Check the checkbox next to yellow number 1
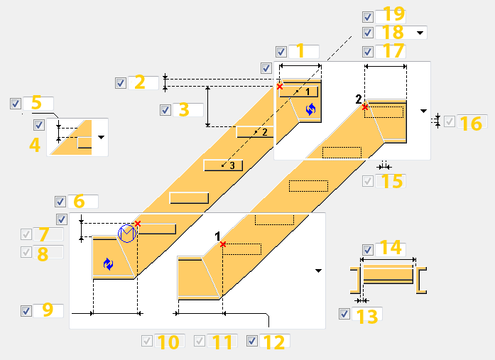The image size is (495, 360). [x=281, y=52]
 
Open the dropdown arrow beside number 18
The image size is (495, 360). [x=420, y=33]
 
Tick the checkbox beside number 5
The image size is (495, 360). [x=16, y=104]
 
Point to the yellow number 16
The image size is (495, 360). [x=470, y=123]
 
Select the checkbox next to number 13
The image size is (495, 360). [x=344, y=314]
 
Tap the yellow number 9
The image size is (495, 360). [x=47, y=310]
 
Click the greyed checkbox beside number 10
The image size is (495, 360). [x=147, y=341]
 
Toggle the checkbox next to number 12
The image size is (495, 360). [x=252, y=341]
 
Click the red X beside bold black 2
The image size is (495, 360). [x=364, y=107]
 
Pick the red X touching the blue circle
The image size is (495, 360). [x=137, y=224]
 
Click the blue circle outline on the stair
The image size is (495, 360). [x=126, y=233]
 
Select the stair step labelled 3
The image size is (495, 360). [x=223, y=165]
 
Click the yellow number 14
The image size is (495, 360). [x=391, y=249]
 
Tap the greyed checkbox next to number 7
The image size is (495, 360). [x=26, y=234]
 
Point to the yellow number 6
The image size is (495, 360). [x=79, y=202]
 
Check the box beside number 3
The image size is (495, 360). [x=165, y=110]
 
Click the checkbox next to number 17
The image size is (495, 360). [x=367, y=52]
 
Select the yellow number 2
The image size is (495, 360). [x=139, y=82]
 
